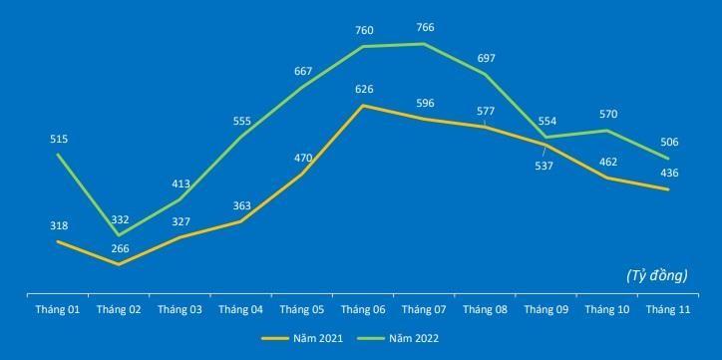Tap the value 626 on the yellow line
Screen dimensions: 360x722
pos(365,88)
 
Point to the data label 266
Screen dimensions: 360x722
pos(119,249)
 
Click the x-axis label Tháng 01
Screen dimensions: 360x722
pos(59,310)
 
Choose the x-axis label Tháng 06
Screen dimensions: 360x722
pos(365,310)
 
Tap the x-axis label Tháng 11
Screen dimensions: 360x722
pos(668,310)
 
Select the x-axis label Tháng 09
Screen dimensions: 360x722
pos(546,310)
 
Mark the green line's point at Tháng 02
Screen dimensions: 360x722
pos(120,234)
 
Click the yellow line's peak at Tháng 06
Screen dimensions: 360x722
pos(365,105)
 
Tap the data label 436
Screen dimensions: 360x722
pos(668,174)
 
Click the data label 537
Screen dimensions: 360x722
pos(544,166)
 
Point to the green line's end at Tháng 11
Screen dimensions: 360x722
pos(667,158)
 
